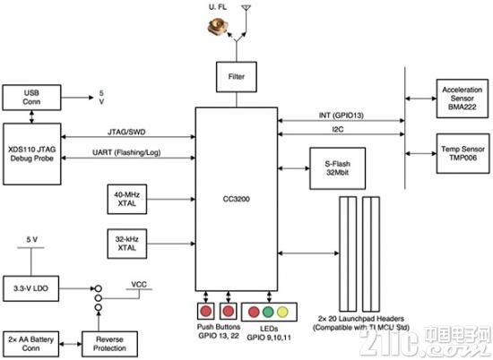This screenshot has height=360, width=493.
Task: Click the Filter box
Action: coord(237,77)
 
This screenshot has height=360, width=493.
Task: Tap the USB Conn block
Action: coord(31,98)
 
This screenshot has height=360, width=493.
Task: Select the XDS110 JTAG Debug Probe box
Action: coord(32,154)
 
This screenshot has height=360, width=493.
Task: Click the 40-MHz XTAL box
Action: coord(127,199)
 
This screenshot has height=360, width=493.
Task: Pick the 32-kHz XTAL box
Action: coord(127,244)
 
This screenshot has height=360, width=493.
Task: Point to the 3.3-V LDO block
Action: coord(30,288)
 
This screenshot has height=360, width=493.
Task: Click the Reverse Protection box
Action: coord(109,344)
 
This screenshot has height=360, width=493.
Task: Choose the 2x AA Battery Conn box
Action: coord(30,344)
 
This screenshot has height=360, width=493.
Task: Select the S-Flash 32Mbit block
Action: coord(338,168)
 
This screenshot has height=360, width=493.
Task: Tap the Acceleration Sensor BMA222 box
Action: coord(463,99)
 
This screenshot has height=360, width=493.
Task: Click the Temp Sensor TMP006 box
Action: coord(463,154)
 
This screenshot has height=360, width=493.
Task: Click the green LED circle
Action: coord(268,312)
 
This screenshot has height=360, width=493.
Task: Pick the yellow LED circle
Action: coord(282,312)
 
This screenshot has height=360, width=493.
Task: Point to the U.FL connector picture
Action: coord(217,27)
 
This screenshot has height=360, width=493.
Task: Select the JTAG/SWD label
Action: coord(126,132)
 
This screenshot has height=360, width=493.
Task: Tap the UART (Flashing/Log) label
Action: coord(126,152)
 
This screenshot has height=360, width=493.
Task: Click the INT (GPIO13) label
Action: coord(342,116)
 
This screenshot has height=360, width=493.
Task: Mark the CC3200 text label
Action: coord(237,199)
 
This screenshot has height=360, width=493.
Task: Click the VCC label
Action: coord(139,284)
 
